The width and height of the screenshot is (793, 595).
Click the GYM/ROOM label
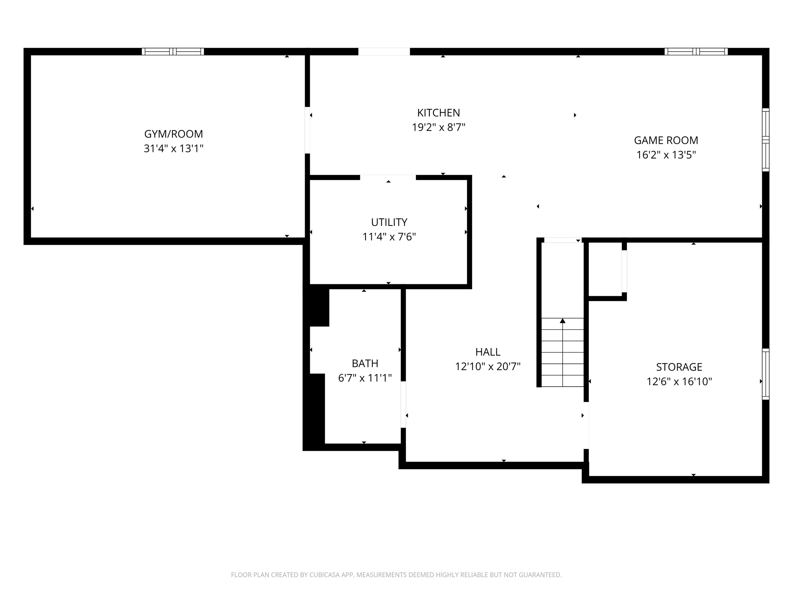(x=173, y=134)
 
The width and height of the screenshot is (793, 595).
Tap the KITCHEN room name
(x=439, y=113)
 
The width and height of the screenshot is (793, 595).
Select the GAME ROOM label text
(x=666, y=140)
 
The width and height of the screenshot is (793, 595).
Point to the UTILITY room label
(x=389, y=222)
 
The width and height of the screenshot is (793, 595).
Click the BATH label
(x=365, y=363)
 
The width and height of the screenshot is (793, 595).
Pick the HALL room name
(x=488, y=352)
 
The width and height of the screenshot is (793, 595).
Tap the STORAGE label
(x=679, y=367)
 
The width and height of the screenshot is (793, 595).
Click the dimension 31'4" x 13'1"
(x=173, y=148)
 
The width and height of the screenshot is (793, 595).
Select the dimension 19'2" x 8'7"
(x=439, y=127)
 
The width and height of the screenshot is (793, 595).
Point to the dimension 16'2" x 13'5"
(x=666, y=155)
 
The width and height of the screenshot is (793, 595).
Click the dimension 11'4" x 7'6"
(x=389, y=237)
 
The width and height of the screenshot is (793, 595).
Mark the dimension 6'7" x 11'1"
(x=365, y=378)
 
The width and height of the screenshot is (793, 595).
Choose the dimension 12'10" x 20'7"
(x=488, y=366)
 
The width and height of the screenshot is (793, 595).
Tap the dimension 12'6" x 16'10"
(x=679, y=382)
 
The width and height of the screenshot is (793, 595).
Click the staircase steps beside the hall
(x=562, y=352)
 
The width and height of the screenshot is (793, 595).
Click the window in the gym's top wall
(x=173, y=52)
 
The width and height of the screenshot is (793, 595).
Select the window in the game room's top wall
(x=696, y=52)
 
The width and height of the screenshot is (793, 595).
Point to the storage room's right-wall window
(x=766, y=374)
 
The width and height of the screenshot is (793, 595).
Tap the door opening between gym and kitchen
(x=307, y=130)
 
